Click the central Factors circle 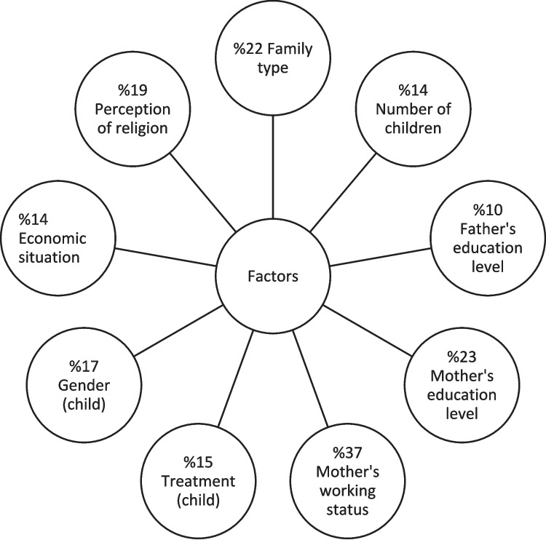[x=272, y=277]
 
